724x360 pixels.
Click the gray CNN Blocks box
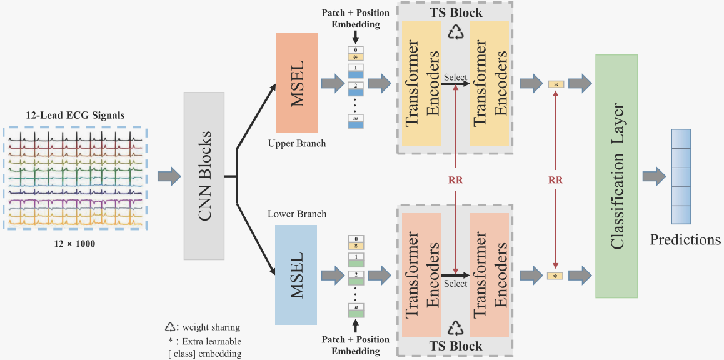tap(204, 176)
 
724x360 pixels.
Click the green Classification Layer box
tap(616, 176)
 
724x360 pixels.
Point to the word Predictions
tap(685, 240)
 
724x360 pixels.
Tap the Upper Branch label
tap(297, 144)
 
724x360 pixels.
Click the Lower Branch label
tap(297, 214)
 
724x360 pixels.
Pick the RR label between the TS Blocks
tap(456, 179)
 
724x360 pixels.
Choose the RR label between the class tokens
tap(555, 179)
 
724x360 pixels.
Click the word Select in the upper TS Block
tap(455, 77)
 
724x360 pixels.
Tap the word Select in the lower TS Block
tap(455, 284)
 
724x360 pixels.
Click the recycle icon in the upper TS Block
tap(455, 32)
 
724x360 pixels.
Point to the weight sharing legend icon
tap(169, 327)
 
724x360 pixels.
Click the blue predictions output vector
tap(681, 176)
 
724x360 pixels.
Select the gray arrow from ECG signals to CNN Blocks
tap(167, 176)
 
